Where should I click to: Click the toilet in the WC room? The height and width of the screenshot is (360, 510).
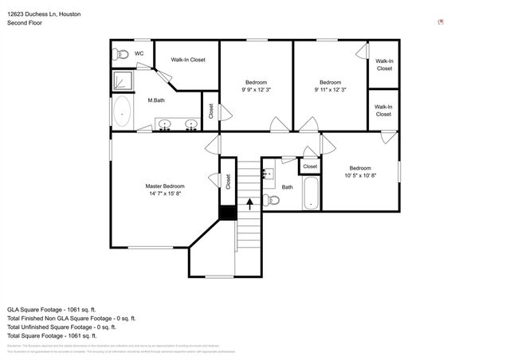coord(120,54)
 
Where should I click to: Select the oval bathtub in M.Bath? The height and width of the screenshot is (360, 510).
coord(122,113)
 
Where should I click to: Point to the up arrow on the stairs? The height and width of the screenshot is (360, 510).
coord(250,202)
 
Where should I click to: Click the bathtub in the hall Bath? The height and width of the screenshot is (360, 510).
coord(310,195)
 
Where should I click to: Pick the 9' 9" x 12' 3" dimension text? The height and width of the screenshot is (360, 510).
coord(256,91)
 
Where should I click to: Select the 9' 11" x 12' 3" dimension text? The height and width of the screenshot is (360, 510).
coord(331,91)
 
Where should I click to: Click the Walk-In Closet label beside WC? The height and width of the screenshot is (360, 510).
coord(188,60)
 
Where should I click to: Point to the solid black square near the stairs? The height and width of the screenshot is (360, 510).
coord(227,212)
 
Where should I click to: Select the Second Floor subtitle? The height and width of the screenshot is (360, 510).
coord(25,23)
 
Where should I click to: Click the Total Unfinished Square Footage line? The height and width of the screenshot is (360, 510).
coord(61,327)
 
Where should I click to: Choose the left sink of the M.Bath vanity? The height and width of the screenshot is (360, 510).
coord(165,124)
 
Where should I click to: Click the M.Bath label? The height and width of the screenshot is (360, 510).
coord(156,100)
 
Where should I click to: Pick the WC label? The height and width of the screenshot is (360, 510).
coord(139,54)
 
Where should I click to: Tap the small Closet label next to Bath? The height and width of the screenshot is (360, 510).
coord(309,166)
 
